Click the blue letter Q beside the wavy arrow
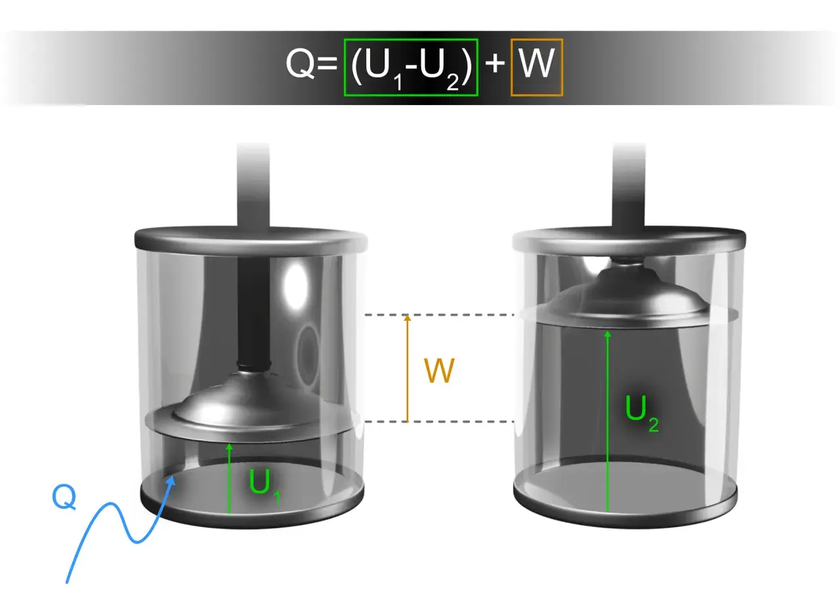(x=64, y=498)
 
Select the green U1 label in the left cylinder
(x=264, y=486)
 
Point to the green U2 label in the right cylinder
(x=642, y=413)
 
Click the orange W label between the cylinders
(x=439, y=370)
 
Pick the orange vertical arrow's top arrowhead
(x=408, y=318)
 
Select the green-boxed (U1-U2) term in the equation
(x=411, y=68)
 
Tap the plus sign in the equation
(x=495, y=63)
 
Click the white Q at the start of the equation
(x=300, y=64)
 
